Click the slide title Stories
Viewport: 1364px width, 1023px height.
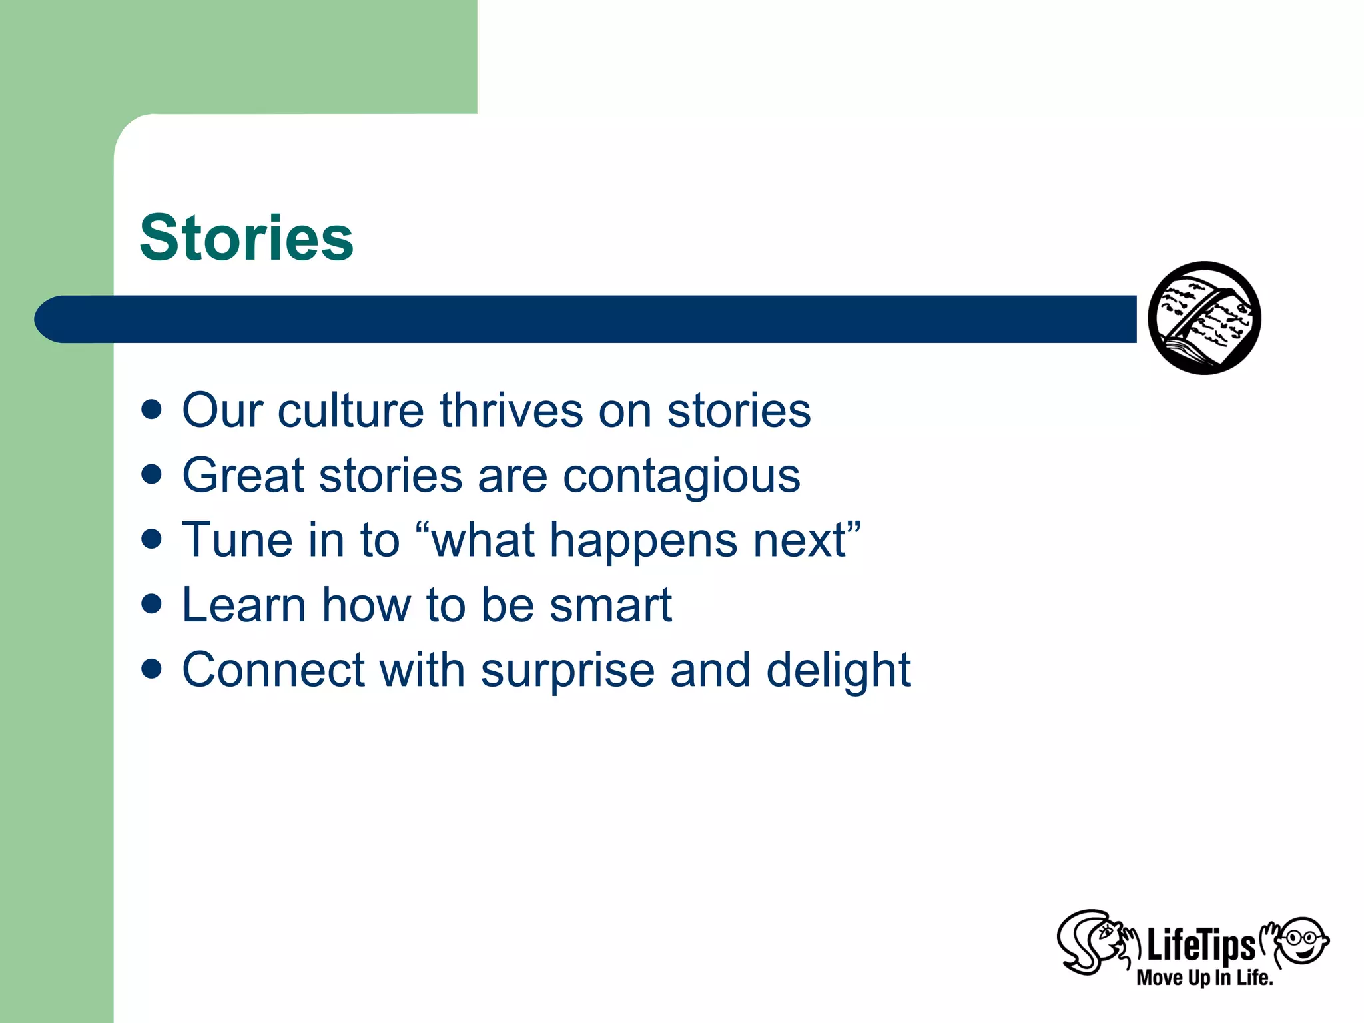coord(246,238)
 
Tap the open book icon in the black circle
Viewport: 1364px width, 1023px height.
coord(1204,318)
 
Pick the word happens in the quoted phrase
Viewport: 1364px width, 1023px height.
coord(643,541)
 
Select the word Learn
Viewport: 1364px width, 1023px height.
coord(244,605)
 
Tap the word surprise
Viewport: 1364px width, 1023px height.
coord(567,671)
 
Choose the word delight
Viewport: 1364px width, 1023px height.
coord(838,670)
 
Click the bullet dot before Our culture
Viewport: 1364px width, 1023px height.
coord(152,410)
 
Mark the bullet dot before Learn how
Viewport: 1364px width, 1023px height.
coord(152,605)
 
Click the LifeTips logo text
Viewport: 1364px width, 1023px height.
coord(1200,945)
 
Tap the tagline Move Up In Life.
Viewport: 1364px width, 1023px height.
coord(1204,978)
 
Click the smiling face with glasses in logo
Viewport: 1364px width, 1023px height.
coord(1303,940)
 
